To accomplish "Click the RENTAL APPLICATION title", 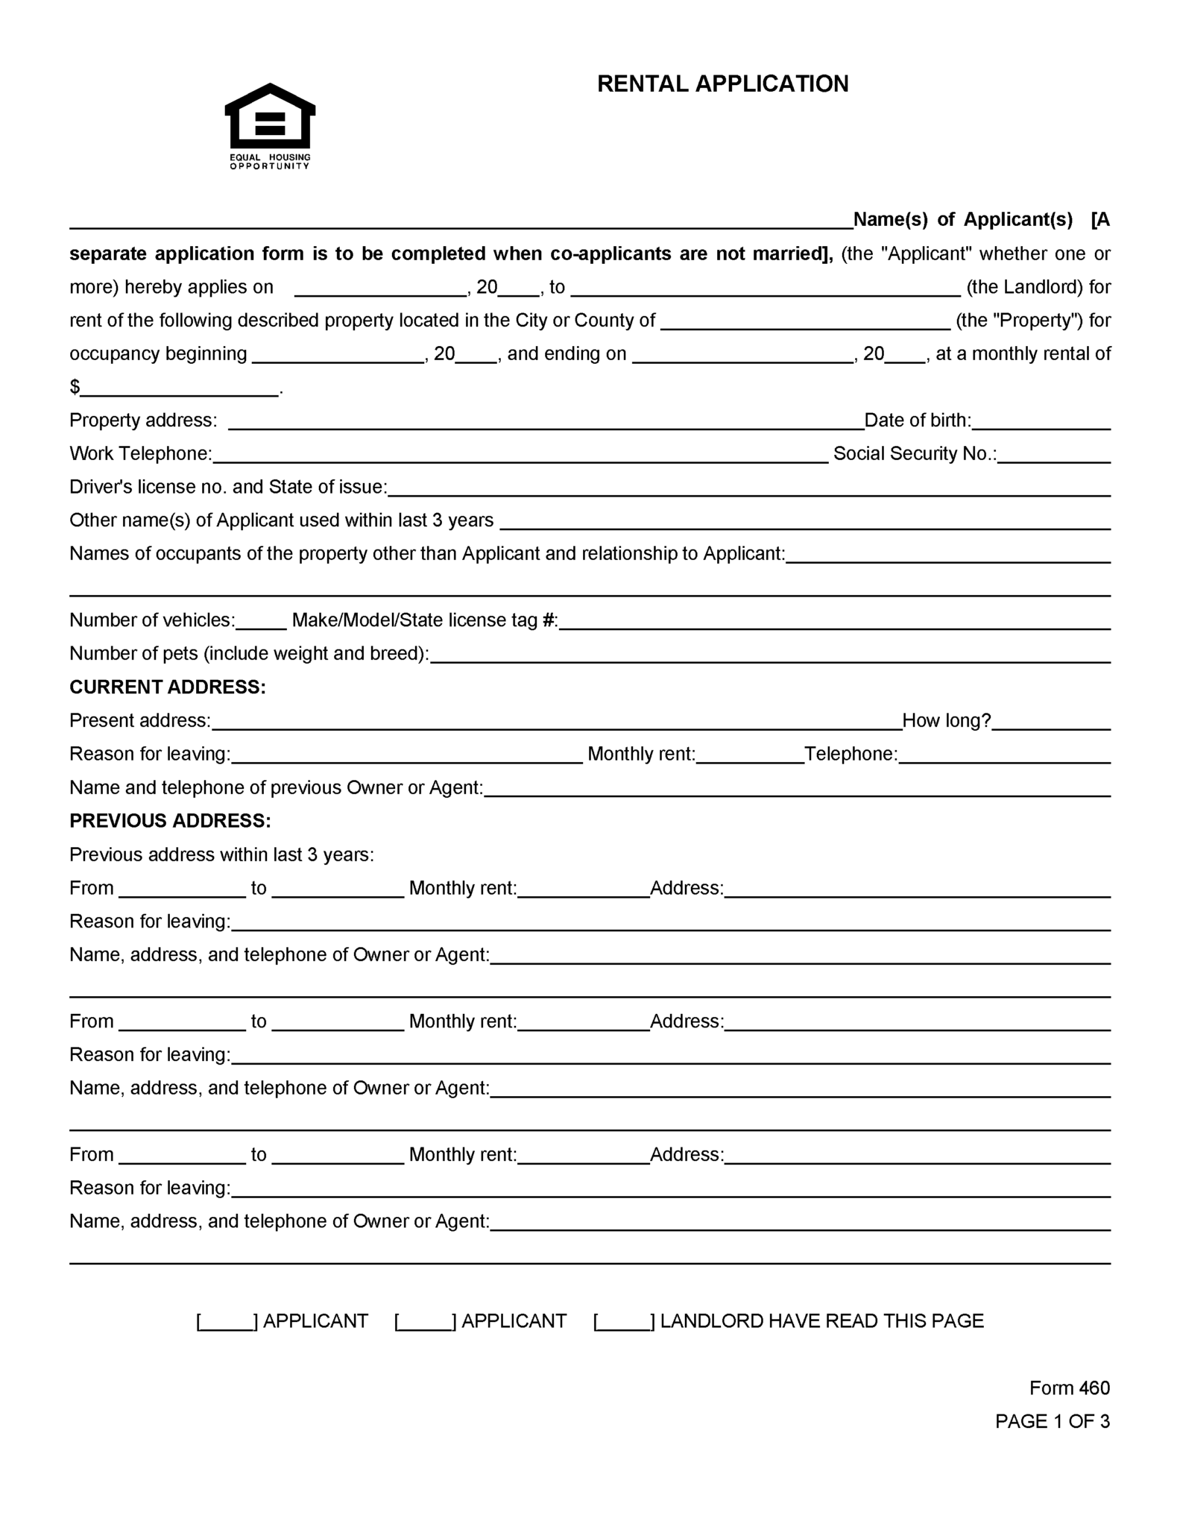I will (722, 84).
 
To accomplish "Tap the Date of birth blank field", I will (1041, 422).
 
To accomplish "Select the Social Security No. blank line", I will (1054, 456).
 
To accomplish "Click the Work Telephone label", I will (140, 453).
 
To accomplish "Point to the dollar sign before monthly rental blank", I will (75, 387).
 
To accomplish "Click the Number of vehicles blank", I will (261, 622).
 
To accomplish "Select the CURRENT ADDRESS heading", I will (167, 687).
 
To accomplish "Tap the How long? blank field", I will (1051, 722).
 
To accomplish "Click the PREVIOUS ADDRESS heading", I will (170, 820).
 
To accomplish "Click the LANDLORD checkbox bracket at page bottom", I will (624, 1322).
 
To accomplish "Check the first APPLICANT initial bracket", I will (227, 1322).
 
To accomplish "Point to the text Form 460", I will (1069, 1388).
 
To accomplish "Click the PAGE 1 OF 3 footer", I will (1052, 1421).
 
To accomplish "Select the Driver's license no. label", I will (227, 487).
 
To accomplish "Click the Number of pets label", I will (248, 653).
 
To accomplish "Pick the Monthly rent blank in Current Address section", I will (749, 755).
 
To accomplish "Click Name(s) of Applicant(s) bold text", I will (962, 219).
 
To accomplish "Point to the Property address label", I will (143, 421).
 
